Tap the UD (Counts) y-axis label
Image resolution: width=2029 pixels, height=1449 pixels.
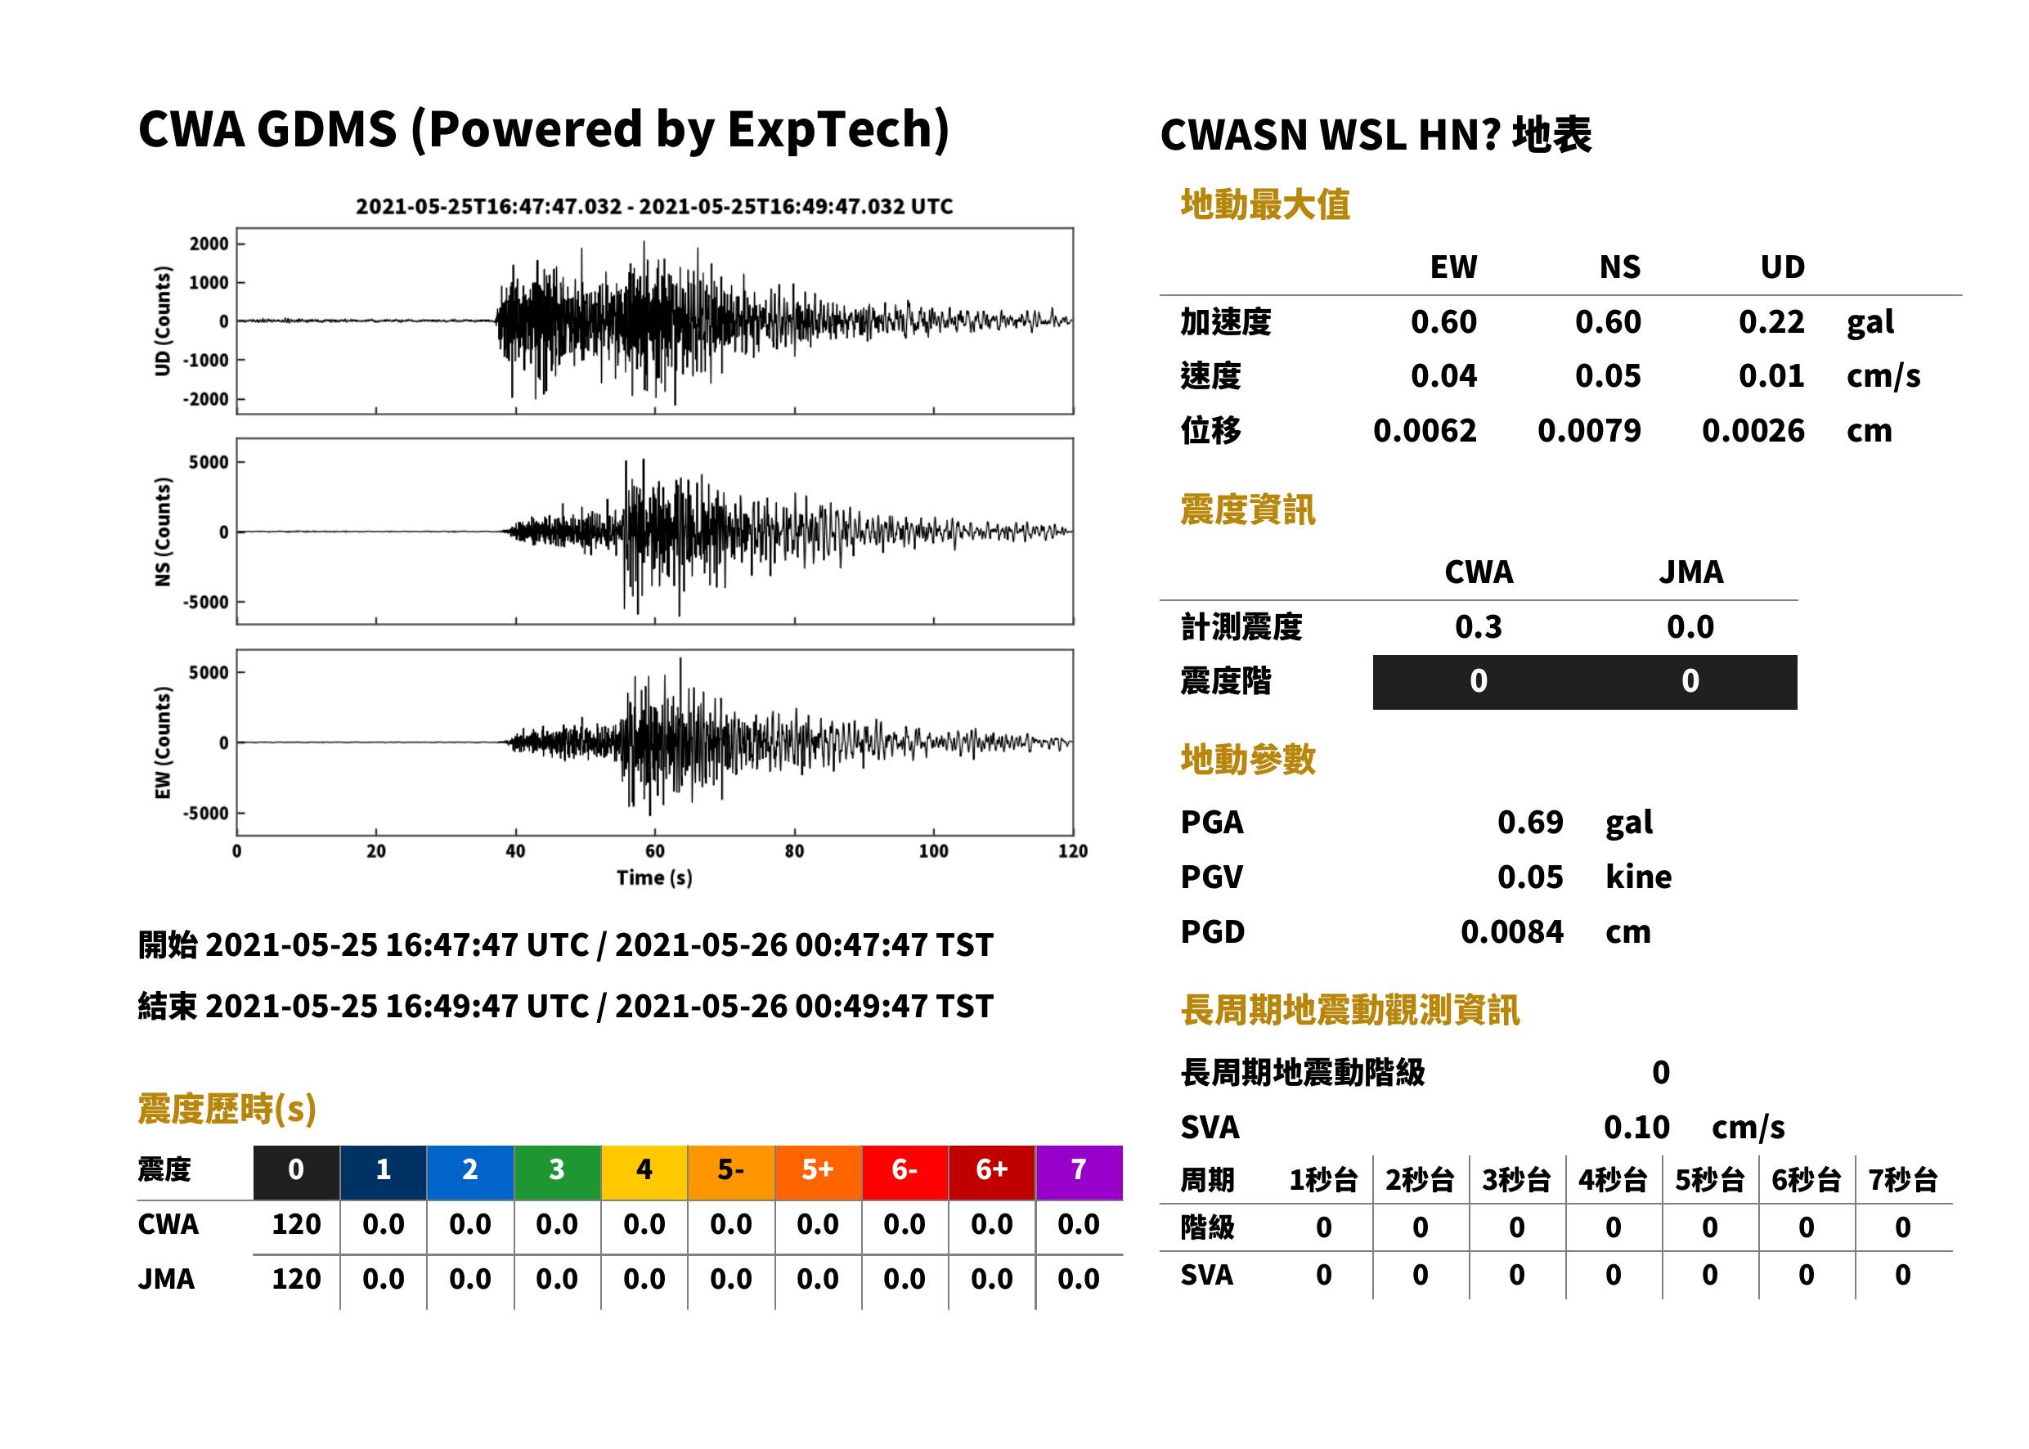[x=163, y=321]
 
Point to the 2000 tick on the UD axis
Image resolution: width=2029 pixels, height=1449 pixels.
[x=209, y=244]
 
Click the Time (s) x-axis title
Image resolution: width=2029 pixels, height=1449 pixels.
[x=654, y=878]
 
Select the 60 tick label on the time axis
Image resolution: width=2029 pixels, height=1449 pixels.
[x=654, y=851]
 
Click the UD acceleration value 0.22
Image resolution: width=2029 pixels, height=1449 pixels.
[x=1771, y=322]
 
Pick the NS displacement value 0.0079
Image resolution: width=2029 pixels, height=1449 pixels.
[x=1589, y=431]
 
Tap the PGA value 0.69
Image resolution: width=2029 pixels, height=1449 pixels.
[x=1530, y=822]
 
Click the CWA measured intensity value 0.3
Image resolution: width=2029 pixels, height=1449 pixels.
[x=1479, y=627]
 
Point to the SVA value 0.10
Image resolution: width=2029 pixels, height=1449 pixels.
[x=1636, y=1128]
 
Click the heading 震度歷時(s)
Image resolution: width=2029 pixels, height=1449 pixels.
[x=227, y=1109]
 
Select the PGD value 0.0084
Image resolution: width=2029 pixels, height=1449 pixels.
[x=1512, y=932]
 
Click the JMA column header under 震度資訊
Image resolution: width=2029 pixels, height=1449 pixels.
[x=1691, y=572]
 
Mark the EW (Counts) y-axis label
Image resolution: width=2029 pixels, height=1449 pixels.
[x=163, y=742]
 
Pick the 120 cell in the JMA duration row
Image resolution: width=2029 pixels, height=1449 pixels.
[x=296, y=1280]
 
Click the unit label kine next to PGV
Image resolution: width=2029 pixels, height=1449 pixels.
[x=1638, y=877]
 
